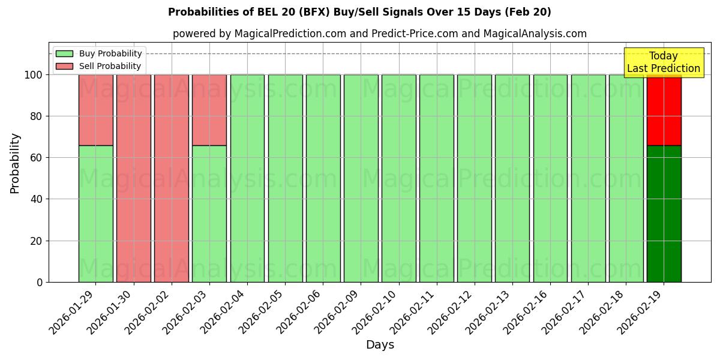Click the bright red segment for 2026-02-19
(x=664, y=110)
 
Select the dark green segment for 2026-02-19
(x=664, y=213)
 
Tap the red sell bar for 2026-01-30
(x=133, y=178)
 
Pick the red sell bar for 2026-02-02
(x=171, y=178)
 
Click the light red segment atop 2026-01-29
(x=95, y=110)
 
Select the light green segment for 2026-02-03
(x=209, y=213)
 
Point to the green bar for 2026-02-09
(x=361, y=178)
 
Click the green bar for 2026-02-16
(x=550, y=178)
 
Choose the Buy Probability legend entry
(x=98, y=53)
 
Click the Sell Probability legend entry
(x=98, y=66)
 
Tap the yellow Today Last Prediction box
(x=663, y=62)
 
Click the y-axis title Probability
(x=15, y=163)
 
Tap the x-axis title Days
(x=380, y=345)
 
